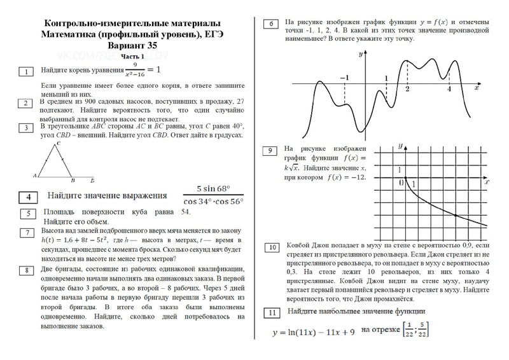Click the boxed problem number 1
point(26,71)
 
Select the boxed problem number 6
point(272,24)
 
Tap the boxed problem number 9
point(272,151)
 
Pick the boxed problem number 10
point(272,247)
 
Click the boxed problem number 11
point(272,313)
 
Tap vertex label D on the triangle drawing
point(93,180)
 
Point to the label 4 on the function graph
point(449,88)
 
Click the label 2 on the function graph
point(407,89)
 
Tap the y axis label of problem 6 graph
point(360,55)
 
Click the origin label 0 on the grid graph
point(401,183)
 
